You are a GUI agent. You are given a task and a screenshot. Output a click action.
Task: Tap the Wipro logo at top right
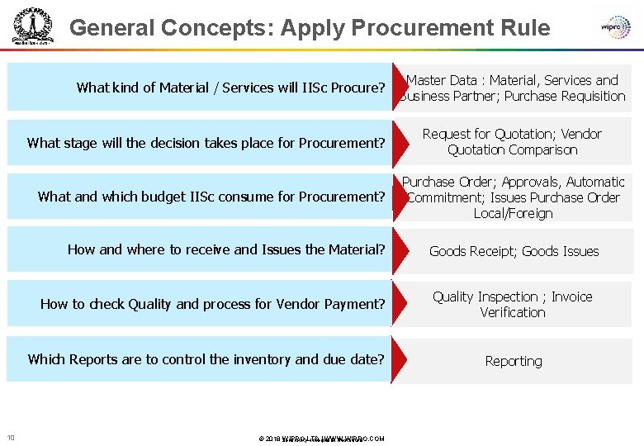[616, 26]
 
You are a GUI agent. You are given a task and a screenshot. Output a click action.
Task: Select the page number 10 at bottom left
[11, 438]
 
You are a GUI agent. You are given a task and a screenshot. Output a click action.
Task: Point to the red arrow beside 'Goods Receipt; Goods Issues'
[398, 250]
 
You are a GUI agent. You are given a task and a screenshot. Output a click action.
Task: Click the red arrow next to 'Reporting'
[398, 360]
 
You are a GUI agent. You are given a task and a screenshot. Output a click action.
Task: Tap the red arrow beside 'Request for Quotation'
[398, 142]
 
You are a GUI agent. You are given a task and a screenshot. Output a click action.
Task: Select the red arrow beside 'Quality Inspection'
[398, 304]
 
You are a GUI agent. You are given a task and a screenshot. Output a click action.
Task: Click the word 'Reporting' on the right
[514, 362]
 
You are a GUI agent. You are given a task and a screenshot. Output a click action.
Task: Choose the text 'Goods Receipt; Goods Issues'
[514, 251]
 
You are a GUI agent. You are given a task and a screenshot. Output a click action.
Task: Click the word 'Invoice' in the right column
[571, 297]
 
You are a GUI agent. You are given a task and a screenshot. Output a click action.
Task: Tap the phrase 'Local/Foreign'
[513, 213]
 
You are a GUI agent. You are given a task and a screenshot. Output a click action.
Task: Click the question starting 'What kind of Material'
[230, 88]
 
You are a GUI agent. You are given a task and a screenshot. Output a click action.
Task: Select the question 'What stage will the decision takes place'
[206, 143]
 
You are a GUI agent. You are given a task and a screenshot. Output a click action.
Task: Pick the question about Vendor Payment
[212, 304]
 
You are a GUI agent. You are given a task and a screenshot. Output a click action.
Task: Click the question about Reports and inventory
[206, 359]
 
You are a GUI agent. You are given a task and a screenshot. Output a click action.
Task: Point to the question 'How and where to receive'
[225, 249]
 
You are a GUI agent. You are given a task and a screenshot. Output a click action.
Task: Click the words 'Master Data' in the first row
[442, 80]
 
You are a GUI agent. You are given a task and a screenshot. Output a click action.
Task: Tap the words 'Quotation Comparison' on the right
[512, 150]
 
